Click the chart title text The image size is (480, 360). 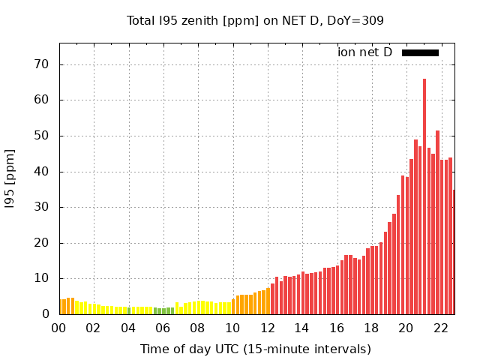(255, 20)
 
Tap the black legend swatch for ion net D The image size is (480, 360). (420, 52)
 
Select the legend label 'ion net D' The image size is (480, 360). (364, 52)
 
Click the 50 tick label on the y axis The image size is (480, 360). (42, 136)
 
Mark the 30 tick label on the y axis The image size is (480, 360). (42, 207)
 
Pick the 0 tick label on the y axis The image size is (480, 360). (46, 314)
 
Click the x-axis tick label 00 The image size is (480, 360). (59, 328)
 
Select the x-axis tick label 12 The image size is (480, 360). (268, 328)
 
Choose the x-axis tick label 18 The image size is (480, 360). (372, 328)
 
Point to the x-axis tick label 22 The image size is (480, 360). (441, 328)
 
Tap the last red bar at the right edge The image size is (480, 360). (454, 252)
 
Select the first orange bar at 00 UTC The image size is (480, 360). (61, 307)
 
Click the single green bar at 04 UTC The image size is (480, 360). (129, 310)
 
